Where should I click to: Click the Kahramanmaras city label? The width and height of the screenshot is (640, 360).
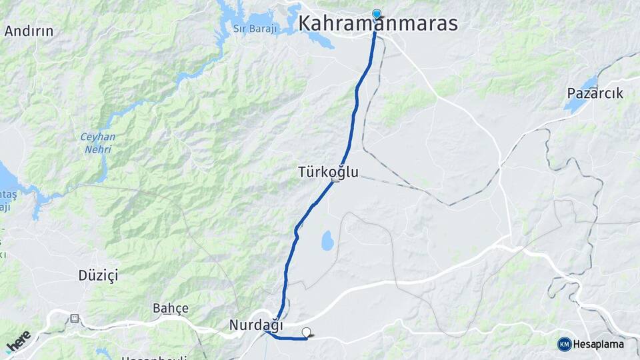coord(378,23)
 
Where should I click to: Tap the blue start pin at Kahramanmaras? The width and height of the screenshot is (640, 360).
coord(377,14)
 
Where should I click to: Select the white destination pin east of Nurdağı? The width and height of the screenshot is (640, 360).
coord(307,332)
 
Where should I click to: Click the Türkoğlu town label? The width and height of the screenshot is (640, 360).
coord(328,172)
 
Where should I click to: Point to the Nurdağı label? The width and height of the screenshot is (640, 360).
coord(256,326)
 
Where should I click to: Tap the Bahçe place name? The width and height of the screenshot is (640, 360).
coord(171,308)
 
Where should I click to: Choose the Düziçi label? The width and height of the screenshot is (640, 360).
coord(98,275)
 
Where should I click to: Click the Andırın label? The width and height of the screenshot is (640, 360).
coord(29,31)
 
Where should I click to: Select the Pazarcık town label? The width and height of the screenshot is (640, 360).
coord(595,93)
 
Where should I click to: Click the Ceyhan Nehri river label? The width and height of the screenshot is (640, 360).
coord(98,143)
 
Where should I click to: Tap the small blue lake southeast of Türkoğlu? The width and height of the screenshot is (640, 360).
coord(327,241)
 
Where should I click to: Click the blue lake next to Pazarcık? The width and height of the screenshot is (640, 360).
coord(582,86)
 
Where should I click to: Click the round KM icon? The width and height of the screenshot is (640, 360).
coord(564,344)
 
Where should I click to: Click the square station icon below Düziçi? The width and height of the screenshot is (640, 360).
coord(74,318)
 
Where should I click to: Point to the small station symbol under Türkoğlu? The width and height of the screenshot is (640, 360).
coord(335,181)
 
